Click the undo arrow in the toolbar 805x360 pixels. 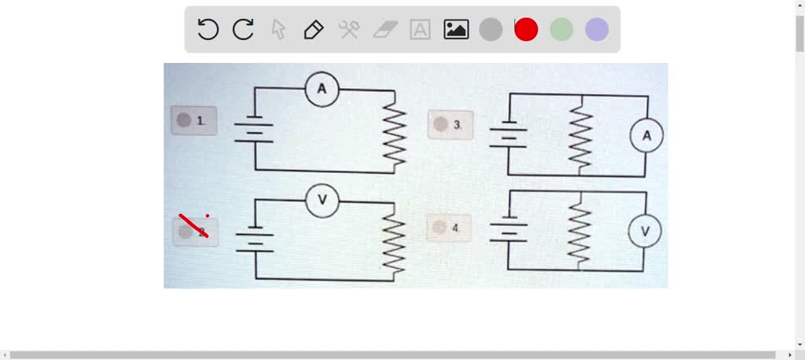click(208, 30)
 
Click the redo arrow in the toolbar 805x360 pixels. click(243, 30)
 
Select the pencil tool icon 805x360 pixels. click(313, 30)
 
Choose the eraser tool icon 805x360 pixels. click(384, 30)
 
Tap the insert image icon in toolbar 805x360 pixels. click(456, 30)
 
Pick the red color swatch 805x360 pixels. click(526, 30)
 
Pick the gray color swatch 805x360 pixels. click(491, 30)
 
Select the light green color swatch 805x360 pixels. click(561, 30)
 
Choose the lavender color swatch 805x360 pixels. click(597, 30)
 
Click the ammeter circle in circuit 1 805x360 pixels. click(322, 90)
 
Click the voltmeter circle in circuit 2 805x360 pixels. click(322, 201)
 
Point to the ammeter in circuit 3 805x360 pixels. click(646, 136)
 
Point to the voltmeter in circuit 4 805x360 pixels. click(645, 231)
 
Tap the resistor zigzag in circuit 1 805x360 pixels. click(394, 130)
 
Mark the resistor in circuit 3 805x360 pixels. click(580, 136)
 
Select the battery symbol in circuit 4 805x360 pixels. click(508, 230)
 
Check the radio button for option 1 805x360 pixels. click(184, 120)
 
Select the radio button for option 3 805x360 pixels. click(440, 124)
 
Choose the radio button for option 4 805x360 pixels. click(439, 227)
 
